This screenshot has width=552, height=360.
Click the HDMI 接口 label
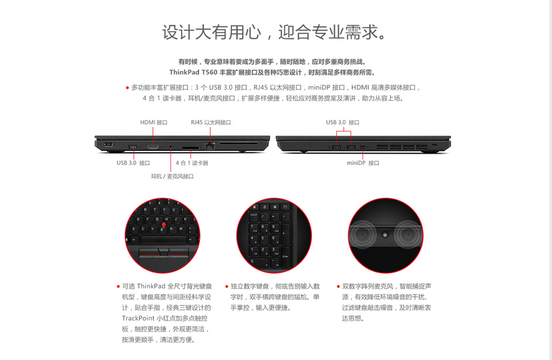154,122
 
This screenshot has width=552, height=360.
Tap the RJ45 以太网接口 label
211,122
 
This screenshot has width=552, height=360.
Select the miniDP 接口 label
363,163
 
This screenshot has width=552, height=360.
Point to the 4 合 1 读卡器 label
192,163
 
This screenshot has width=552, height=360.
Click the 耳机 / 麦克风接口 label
172,176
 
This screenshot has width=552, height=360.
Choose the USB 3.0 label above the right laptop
343,122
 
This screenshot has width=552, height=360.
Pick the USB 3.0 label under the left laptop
134,163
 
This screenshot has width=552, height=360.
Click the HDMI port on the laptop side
153,146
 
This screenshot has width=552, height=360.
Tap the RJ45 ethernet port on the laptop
210,146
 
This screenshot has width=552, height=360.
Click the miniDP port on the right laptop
363,146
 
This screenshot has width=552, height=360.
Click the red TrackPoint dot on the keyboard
164,224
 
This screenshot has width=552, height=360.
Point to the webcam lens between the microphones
385,234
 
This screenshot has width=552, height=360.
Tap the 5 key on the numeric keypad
263,239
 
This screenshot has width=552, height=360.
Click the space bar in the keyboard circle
163,240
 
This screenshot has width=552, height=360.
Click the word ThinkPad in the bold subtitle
184,73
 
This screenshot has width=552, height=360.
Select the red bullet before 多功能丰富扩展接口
127,87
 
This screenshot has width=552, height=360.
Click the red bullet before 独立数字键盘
227,287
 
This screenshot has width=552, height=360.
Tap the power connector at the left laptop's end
108,144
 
